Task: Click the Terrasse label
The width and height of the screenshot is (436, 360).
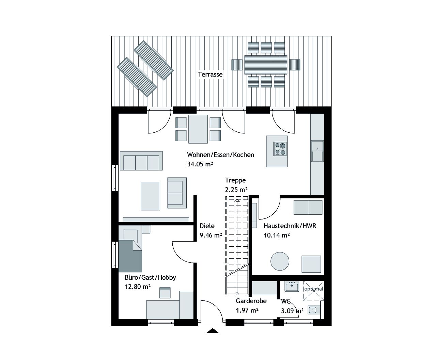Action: coord(210,74)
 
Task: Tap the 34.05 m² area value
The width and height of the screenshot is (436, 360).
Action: coord(200,164)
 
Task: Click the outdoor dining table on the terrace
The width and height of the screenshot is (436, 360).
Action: coord(265,65)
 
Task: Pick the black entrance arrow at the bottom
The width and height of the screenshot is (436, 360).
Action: coord(213,330)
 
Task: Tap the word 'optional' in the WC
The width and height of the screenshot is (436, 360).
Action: coord(313,289)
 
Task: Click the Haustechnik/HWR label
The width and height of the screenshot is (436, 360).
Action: coord(290,226)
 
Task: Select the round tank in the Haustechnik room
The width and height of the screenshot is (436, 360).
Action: coord(280,261)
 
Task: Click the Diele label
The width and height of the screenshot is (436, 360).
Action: coord(207,226)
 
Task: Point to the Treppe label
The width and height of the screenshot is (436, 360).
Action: coord(235,180)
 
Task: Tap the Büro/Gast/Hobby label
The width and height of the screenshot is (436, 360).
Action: coord(150,277)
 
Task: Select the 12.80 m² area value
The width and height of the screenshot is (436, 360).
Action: coord(138,287)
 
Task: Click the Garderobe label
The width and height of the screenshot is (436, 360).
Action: coord(251,301)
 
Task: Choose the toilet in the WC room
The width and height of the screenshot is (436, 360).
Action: coord(313,310)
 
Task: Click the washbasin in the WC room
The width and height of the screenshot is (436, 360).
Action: coord(292,287)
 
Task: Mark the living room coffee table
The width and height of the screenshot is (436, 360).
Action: coord(150,196)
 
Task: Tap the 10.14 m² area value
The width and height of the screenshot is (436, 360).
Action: coord(277,235)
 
